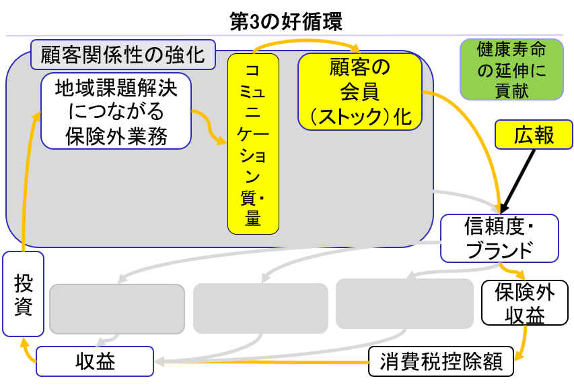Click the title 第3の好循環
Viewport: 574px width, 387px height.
coord(286,21)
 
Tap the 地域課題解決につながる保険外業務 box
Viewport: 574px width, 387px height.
coord(116,111)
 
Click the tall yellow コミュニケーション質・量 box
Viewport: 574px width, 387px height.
coord(253,144)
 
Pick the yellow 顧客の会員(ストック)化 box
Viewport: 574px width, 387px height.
coord(360,91)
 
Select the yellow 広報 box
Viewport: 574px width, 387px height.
coord(534,135)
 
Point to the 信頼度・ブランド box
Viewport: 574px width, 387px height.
coord(499,238)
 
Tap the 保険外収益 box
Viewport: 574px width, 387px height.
coord(525,303)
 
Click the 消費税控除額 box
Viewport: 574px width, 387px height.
coord(441,361)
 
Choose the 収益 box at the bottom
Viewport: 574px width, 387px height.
coord(95,361)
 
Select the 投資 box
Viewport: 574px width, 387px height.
coord(23,294)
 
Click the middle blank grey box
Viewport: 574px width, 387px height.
coord(260,308)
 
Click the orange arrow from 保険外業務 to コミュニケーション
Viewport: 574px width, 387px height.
coord(211,128)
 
